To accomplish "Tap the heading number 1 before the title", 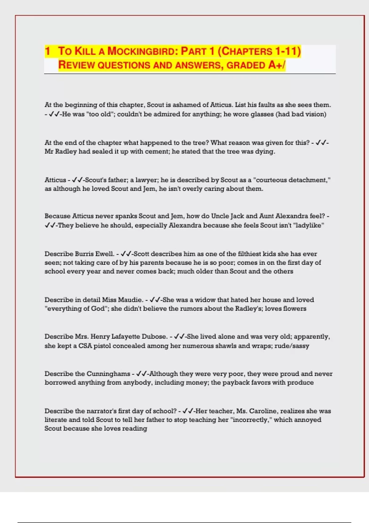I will [x=47, y=51].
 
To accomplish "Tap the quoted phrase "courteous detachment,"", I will [x=292, y=180].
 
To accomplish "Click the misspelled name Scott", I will [x=141, y=254].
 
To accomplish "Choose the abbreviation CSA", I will [x=85, y=346].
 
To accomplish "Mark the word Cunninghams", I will [x=108, y=374].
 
